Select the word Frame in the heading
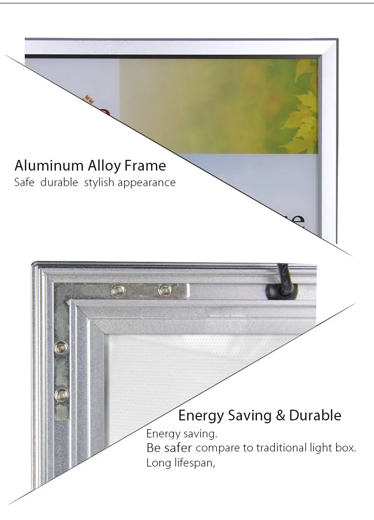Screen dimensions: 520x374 click(145, 166)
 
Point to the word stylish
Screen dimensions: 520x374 click(99, 183)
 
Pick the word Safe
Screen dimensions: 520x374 click(24, 183)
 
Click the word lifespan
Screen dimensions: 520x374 click(194, 463)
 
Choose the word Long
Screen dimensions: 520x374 click(158, 463)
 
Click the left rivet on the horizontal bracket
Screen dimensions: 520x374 click(118, 290)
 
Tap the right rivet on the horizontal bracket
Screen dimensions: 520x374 click(165, 290)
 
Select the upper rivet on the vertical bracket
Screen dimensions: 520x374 click(62, 347)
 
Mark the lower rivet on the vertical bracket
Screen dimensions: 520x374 click(62, 394)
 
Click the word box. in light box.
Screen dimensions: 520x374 click(345, 448)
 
